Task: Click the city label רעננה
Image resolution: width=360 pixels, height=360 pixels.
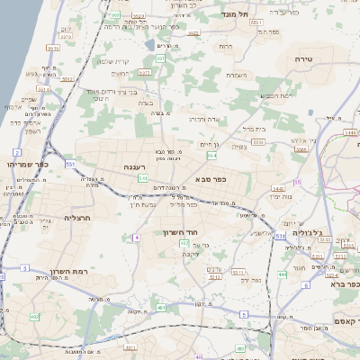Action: pos(134,166)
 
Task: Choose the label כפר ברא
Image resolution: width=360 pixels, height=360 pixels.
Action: pos(337,284)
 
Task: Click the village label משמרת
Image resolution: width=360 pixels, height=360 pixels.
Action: pos(238,74)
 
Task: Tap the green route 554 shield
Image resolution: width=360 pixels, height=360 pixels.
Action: pos(211,156)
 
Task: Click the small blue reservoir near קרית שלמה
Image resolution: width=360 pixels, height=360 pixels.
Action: pos(149,43)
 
